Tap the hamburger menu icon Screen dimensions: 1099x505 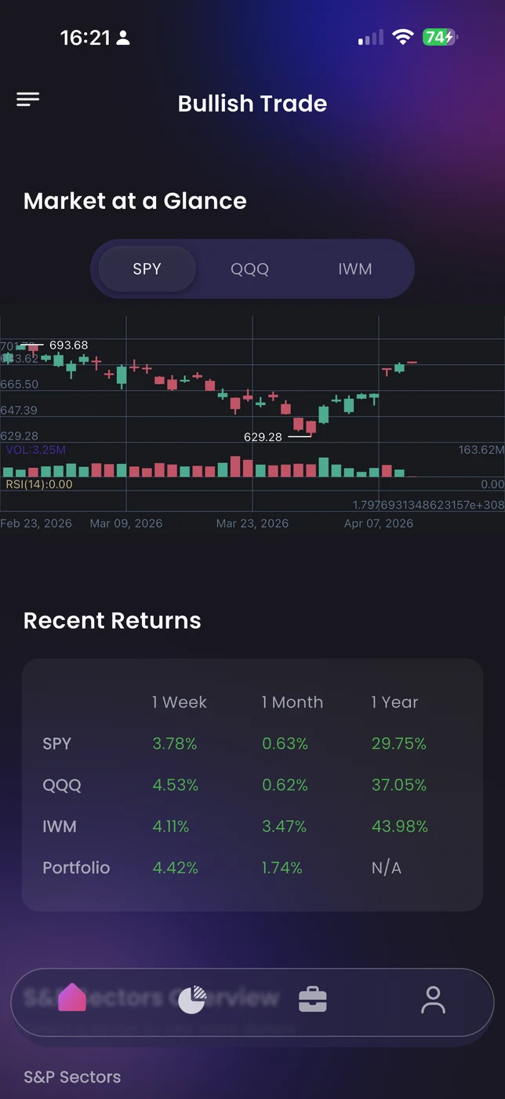point(27,99)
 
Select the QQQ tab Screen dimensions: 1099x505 point(249,269)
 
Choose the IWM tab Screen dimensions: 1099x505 point(354,269)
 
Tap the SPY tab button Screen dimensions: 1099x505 point(147,269)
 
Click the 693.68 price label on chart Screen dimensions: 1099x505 point(68,345)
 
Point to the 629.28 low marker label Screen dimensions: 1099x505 point(263,436)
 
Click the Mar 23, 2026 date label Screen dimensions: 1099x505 point(252,524)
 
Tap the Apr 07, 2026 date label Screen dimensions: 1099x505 point(378,524)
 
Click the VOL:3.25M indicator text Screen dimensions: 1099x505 point(36,450)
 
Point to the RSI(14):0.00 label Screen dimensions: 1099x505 point(39,484)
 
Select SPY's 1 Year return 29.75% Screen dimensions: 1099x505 point(398,743)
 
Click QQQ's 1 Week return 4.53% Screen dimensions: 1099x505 point(175,785)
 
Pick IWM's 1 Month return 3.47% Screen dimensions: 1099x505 point(284,827)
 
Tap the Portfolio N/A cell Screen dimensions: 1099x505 point(386,867)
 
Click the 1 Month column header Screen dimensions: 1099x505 point(292,703)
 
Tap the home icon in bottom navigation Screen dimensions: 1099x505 point(72,998)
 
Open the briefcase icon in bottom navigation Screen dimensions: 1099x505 point(312,999)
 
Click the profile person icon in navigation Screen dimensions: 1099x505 point(433,1000)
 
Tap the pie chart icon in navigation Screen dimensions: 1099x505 point(191,999)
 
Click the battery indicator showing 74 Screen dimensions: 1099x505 point(439,37)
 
